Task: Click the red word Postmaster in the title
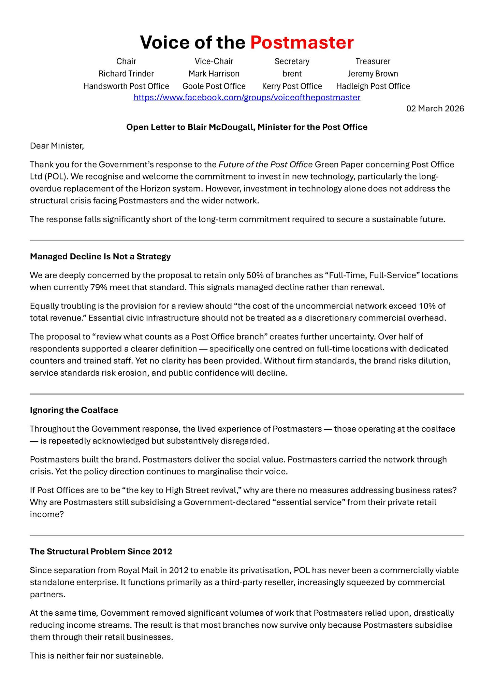click(x=302, y=43)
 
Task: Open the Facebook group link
click(x=247, y=98)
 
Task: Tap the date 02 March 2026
click(x=435, y=109)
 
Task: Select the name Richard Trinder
click(x=126, y=74)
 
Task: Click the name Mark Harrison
click(x=214, y=74)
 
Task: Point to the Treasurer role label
click(x=373, y=61)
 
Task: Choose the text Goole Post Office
click(x=214, y=86)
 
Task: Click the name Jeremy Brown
click(x=373, y=74)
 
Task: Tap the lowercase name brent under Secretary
click(x=292, y=74)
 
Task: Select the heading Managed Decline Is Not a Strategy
click(x=100, y=257)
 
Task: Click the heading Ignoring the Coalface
click(x=74, y=410)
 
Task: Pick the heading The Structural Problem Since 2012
click(x=101, y=552)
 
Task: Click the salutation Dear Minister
click(x=57, y=146)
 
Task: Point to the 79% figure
click(x=98, y=287)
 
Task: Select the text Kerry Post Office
click(x=292, y=86)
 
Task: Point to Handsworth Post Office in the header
click(x=126, y=86)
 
